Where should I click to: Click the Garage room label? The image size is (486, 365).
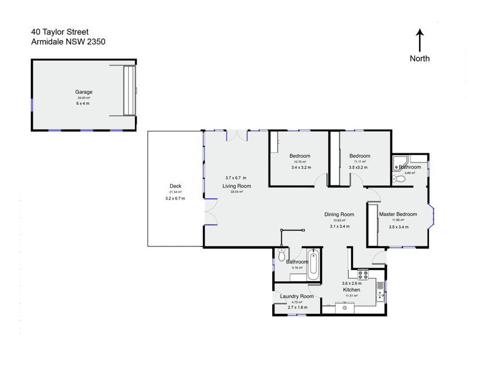point(84,92)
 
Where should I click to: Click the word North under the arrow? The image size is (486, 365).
point(419,58)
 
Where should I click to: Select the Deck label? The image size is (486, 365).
point(176,186)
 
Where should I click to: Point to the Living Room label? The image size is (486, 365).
point(237,186)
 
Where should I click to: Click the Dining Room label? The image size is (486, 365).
point(339,214)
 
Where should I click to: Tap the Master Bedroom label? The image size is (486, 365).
point(398,214)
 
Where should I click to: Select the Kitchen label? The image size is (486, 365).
point(352,290)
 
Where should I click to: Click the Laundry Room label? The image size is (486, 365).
point(297,296)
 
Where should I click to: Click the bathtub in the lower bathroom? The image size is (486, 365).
point(313,265)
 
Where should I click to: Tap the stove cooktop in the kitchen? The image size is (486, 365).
point(363,274)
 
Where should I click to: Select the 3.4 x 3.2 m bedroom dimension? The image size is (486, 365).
point(299,166)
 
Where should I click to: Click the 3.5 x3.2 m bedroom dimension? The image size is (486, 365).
point(360,166)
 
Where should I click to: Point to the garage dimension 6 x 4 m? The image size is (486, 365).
point(84,103)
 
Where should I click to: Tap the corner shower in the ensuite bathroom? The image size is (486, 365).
point(399,162)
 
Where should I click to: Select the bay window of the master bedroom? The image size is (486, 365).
point(431,217)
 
